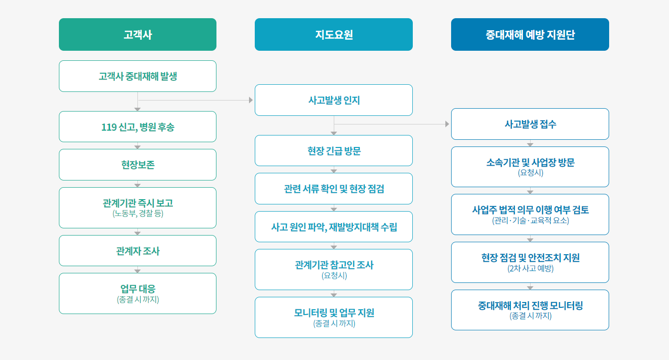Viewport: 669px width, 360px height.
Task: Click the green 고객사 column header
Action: [x=138, y=34]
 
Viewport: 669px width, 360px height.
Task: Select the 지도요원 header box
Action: [x=334, y=34]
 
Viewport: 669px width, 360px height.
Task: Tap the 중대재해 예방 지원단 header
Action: [x=530, y=34]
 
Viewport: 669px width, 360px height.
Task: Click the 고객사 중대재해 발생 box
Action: [x=138, y=76]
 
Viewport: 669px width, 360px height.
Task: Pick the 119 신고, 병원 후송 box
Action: [x=138, y=126]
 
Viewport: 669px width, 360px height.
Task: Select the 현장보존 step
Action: [x=138, y=165]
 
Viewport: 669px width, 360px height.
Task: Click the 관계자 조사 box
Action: [x=138, y=251]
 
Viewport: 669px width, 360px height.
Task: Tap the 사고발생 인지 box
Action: [x=334, y=100]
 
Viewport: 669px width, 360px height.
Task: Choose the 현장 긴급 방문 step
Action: [x=334, y=150]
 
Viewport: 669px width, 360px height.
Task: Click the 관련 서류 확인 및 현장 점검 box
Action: [x=334, y=189]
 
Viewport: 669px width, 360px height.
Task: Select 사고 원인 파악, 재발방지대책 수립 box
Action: [x=334, y=227]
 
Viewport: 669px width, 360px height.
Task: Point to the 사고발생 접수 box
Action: [x=530, y=124]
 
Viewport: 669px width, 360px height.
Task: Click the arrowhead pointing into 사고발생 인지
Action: [x=251, y=100]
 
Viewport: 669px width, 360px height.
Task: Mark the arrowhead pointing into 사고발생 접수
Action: [x=447, y=124]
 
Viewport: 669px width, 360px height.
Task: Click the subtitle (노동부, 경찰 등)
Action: [x=138, y=214]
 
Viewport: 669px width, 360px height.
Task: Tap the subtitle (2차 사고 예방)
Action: [x=530, y=269]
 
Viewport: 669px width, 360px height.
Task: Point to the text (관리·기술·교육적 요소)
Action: [x=531, y=220]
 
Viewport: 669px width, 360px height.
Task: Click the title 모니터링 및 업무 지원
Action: [x=334, y=313]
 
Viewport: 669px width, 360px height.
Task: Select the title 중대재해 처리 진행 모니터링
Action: [x=530, y=305]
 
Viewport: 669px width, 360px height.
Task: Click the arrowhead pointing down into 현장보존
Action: [x=137, y=147]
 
